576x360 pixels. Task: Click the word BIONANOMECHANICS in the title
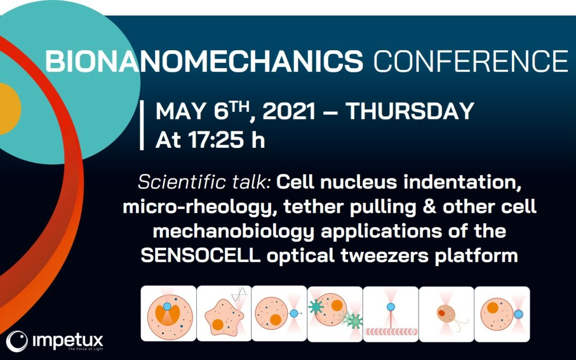[204, 61]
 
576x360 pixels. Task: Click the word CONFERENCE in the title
[471, 61]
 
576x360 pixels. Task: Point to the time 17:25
[216, 140]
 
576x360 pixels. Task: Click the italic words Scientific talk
[205, 182]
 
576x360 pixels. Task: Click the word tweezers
[385, 255]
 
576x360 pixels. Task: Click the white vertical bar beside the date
[142, 125]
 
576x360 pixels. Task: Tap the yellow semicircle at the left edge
[9, 109]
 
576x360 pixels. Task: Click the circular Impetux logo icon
[17, 341]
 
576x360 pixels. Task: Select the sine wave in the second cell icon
[239, 294]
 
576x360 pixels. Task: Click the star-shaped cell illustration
[224, 317]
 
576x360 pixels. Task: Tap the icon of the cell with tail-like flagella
[446, 315]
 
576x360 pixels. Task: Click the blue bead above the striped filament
[391, 307]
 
